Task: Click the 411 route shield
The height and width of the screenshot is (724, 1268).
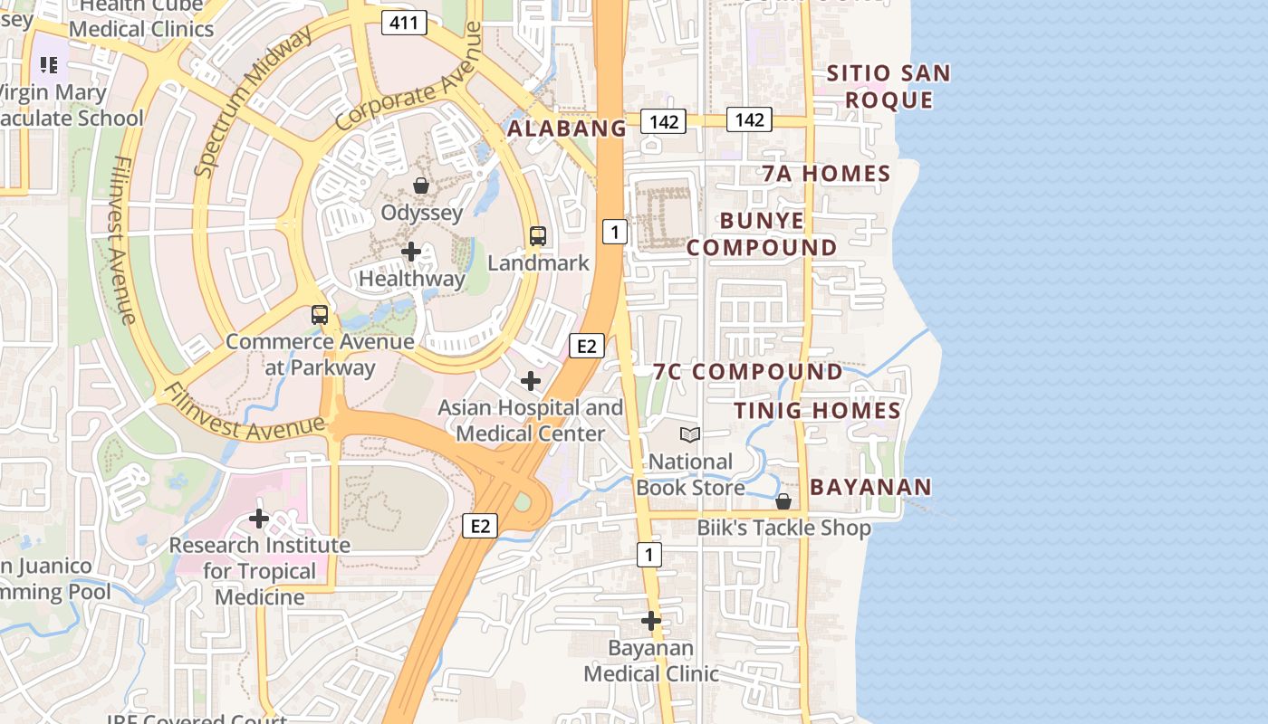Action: tap(403, 23)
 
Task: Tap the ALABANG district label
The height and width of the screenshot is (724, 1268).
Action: tap(566, 129)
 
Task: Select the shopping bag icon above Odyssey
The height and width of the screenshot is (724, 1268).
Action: tap(421, 186)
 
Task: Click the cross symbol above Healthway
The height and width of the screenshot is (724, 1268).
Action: tap(411, 252)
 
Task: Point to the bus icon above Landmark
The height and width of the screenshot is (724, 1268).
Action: tap(538, 236)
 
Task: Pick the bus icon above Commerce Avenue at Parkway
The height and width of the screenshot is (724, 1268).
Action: tap(320, 315)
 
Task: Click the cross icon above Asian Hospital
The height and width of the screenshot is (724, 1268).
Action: tap(531, 381)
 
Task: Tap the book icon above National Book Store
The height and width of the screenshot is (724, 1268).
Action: tap(690, 435)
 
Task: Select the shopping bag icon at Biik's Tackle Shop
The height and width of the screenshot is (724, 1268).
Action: tap(783, 501)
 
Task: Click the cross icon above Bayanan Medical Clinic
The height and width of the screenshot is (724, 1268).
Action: tap(650, 621)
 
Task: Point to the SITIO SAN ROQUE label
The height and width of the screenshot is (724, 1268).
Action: tap(889, 86)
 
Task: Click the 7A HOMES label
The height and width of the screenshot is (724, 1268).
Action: tap(826, 174)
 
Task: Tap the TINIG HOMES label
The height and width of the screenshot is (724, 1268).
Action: tap(817, 411)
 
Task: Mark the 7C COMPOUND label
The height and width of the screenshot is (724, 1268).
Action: tap(748, 372)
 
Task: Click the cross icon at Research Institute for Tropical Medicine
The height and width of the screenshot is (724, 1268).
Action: tap(259, 519)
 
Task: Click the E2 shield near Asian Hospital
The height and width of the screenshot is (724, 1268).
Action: tap(586, 345)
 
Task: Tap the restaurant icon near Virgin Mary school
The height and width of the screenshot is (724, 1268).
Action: tap(49, 65)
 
